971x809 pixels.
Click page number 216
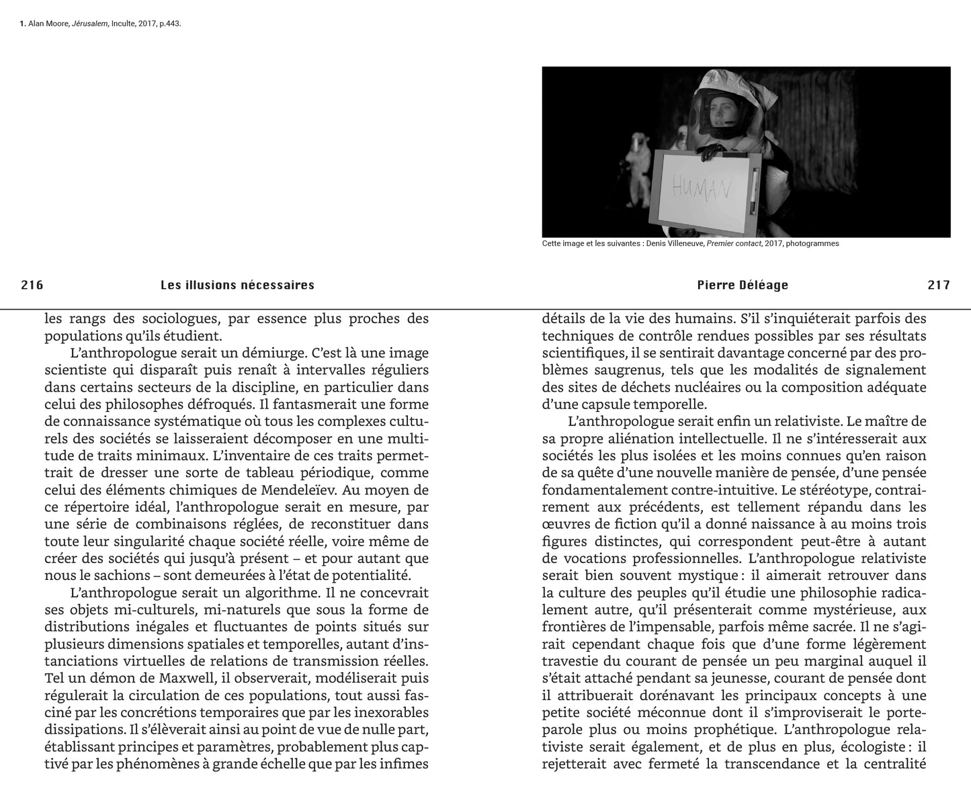(x=32, y=285)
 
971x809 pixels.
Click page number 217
(x=939, y=285)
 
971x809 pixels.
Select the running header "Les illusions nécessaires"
(x=237, y=285)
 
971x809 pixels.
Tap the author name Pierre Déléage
(x=743, y=285)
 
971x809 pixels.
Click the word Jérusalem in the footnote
(x=91, y=24)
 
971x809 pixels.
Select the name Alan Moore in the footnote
(x=49, y=24)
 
